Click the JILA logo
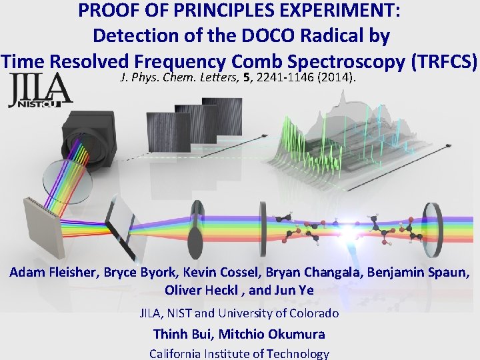(40, 89)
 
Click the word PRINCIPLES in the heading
(193, 11)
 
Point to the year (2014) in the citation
(340, 78)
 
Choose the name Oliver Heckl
(199, 291)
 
